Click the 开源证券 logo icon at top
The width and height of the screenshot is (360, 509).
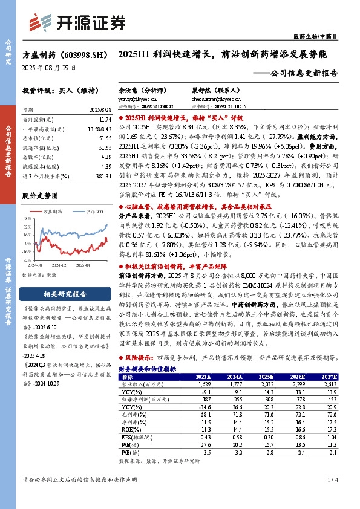[45, 22]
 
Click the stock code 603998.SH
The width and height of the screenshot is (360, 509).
[81, 54]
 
